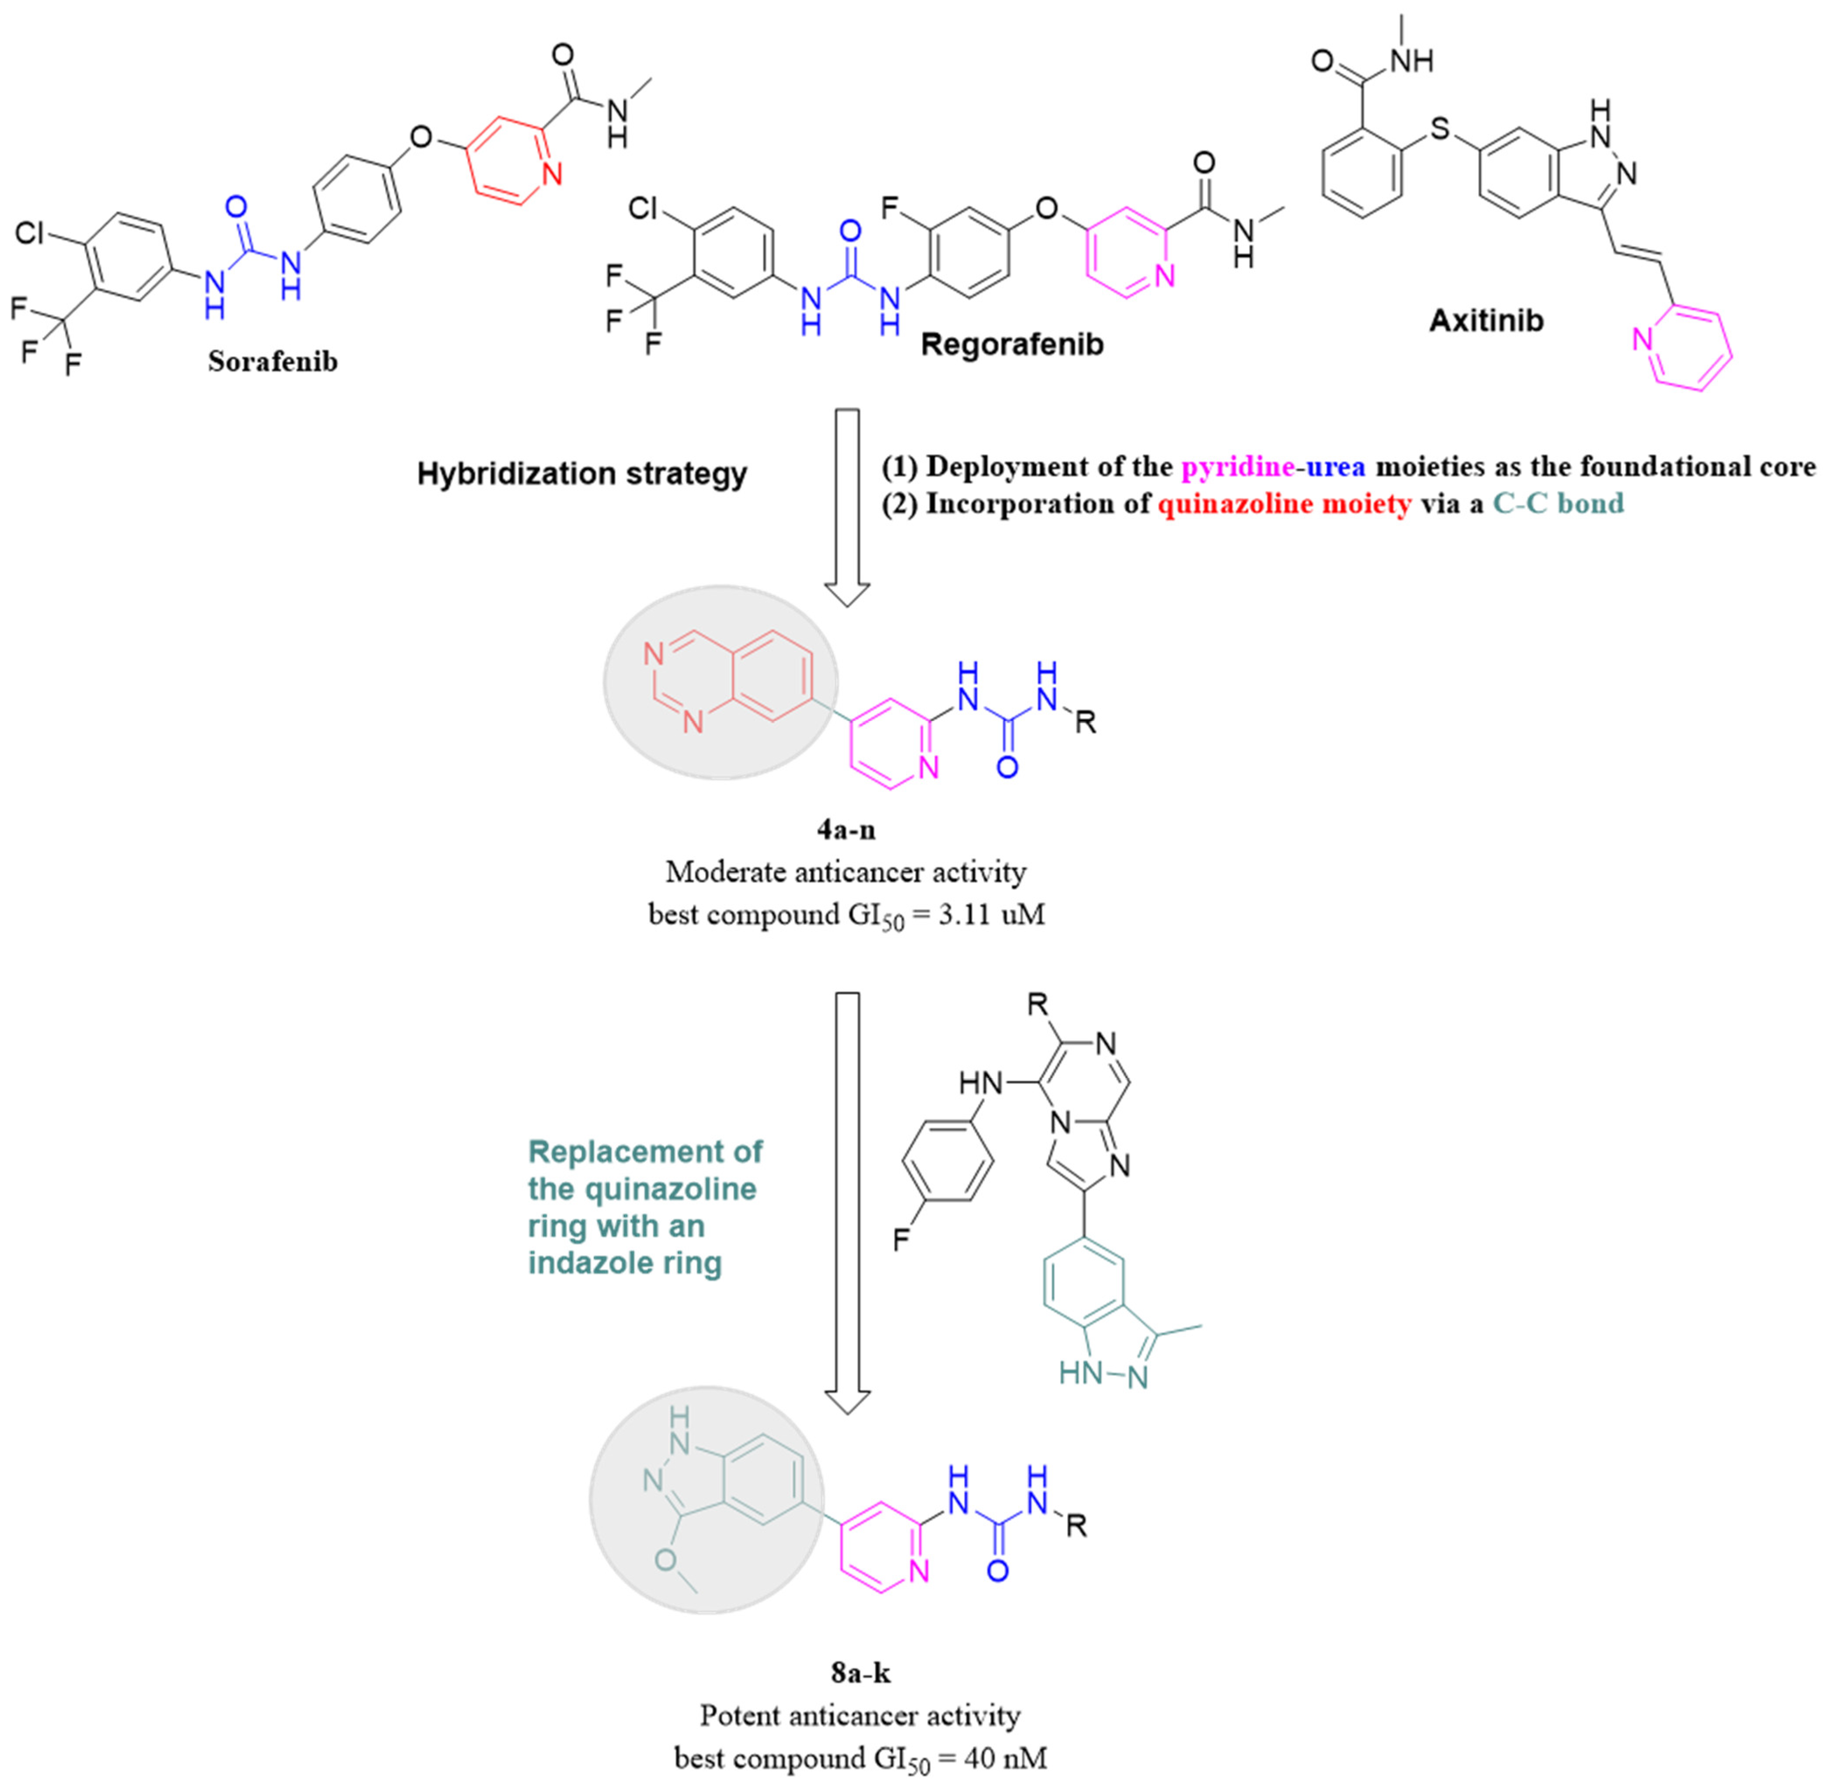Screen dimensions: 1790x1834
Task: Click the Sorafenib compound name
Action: pos(273,362)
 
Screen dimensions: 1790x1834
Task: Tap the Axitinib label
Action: pos(1486,322)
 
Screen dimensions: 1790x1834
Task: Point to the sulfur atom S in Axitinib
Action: pos(1440,129)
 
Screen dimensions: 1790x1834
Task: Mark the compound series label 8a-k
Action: pos(860,1672)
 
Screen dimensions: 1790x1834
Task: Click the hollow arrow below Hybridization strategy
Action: pos(847,508)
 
